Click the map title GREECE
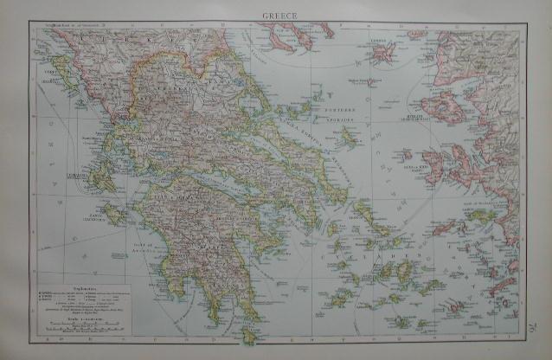coord(277,15)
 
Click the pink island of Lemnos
coord(383,52)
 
